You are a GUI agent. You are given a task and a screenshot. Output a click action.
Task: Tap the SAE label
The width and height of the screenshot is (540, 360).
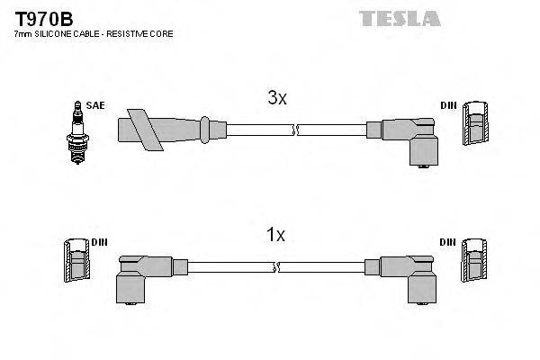click(x=96, y=105)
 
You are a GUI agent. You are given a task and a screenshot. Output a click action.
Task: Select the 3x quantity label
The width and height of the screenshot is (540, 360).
click(x=277, y=99)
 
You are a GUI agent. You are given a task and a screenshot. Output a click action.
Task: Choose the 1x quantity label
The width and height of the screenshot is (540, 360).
click(x=275, y=236)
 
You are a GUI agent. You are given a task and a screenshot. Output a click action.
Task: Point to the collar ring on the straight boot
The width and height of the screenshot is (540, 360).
click(x=206, y=129)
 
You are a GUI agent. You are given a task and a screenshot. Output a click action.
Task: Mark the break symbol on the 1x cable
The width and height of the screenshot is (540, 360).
click(x=277, y=266)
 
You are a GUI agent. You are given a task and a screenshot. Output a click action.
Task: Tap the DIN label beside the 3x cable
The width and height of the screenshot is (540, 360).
click(x=447, y=106)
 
